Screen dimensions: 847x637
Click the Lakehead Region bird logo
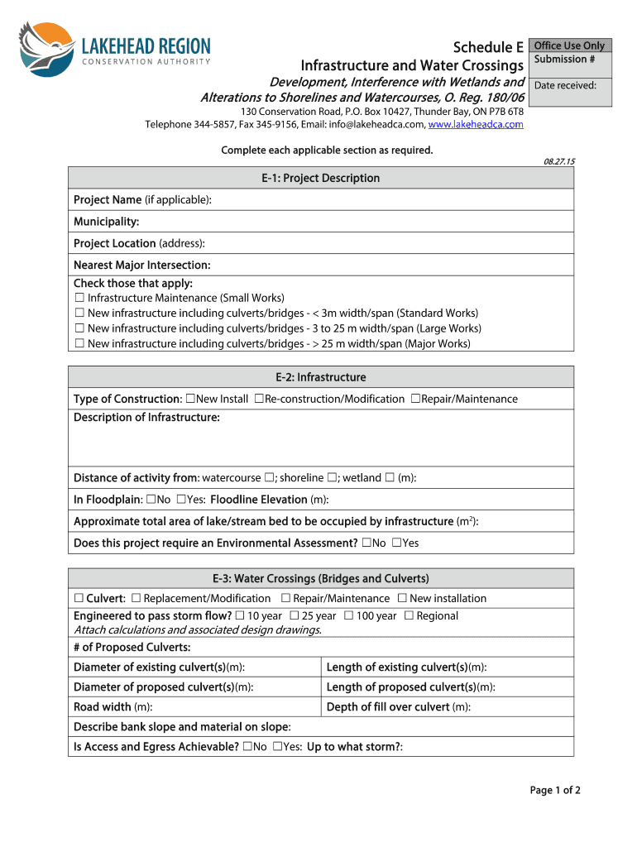tap(46, 50)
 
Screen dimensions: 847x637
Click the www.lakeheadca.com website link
tap(476, 124)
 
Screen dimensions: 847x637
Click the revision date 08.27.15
tap(558, 161)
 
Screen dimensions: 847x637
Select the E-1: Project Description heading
tap(320, 178)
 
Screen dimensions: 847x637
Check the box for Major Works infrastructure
tap(79, 343)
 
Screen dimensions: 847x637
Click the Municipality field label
tap(106, 222)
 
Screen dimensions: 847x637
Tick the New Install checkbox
tap(191, 399)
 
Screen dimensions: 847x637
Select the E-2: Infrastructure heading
tap(320, 377)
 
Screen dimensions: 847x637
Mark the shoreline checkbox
tap(331, 477)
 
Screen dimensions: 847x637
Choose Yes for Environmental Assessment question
tap(396, 543)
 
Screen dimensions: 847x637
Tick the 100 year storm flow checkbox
tap(349, 615)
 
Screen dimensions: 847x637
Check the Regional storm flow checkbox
tap(409, 615)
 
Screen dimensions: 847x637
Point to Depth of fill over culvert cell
tap(447, 707)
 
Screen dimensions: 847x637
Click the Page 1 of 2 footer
tap(555, 790)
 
